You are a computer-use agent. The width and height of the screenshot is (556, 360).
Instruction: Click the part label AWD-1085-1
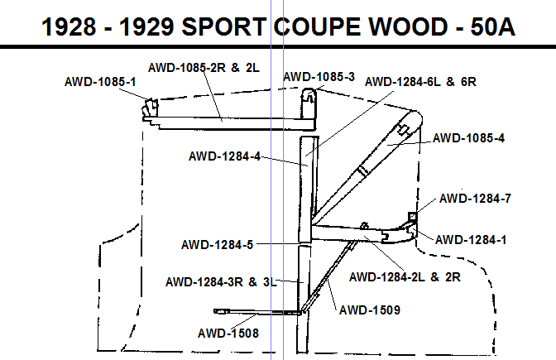pos(100,82)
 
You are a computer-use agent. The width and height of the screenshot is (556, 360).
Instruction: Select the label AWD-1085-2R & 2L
pos(204,67)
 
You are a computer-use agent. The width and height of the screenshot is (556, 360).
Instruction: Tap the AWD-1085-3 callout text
pos(319,77)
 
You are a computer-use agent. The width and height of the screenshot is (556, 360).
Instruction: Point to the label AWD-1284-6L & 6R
pos(420,82)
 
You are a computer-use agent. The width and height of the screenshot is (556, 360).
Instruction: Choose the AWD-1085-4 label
pos(468,138)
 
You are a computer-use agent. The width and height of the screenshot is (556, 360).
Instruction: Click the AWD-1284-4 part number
pos(224,156)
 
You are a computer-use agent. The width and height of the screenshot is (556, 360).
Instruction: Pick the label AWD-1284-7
pos(475,199)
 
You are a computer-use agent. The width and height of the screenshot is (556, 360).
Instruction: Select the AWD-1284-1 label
pos(471,240)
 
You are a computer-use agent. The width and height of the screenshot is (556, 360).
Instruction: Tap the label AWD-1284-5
pos(218,245)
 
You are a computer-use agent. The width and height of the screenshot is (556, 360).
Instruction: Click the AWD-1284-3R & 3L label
pos(221,282)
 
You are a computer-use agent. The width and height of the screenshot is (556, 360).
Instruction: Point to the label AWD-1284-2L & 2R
pos(405,276)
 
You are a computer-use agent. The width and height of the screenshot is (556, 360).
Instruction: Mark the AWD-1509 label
pos(370,310)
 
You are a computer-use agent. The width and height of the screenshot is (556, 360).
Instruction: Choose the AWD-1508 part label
pos(228,333)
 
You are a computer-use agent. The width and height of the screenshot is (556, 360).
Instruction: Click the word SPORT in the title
pos(223,26)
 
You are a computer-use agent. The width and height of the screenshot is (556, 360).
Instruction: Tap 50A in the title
pos(492,26)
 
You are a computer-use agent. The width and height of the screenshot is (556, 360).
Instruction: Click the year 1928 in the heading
pos(69,26)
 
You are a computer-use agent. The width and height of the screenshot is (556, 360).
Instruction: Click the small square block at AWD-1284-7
pos(412,216)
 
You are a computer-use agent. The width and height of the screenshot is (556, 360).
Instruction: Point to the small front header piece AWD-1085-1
pos(151,108)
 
